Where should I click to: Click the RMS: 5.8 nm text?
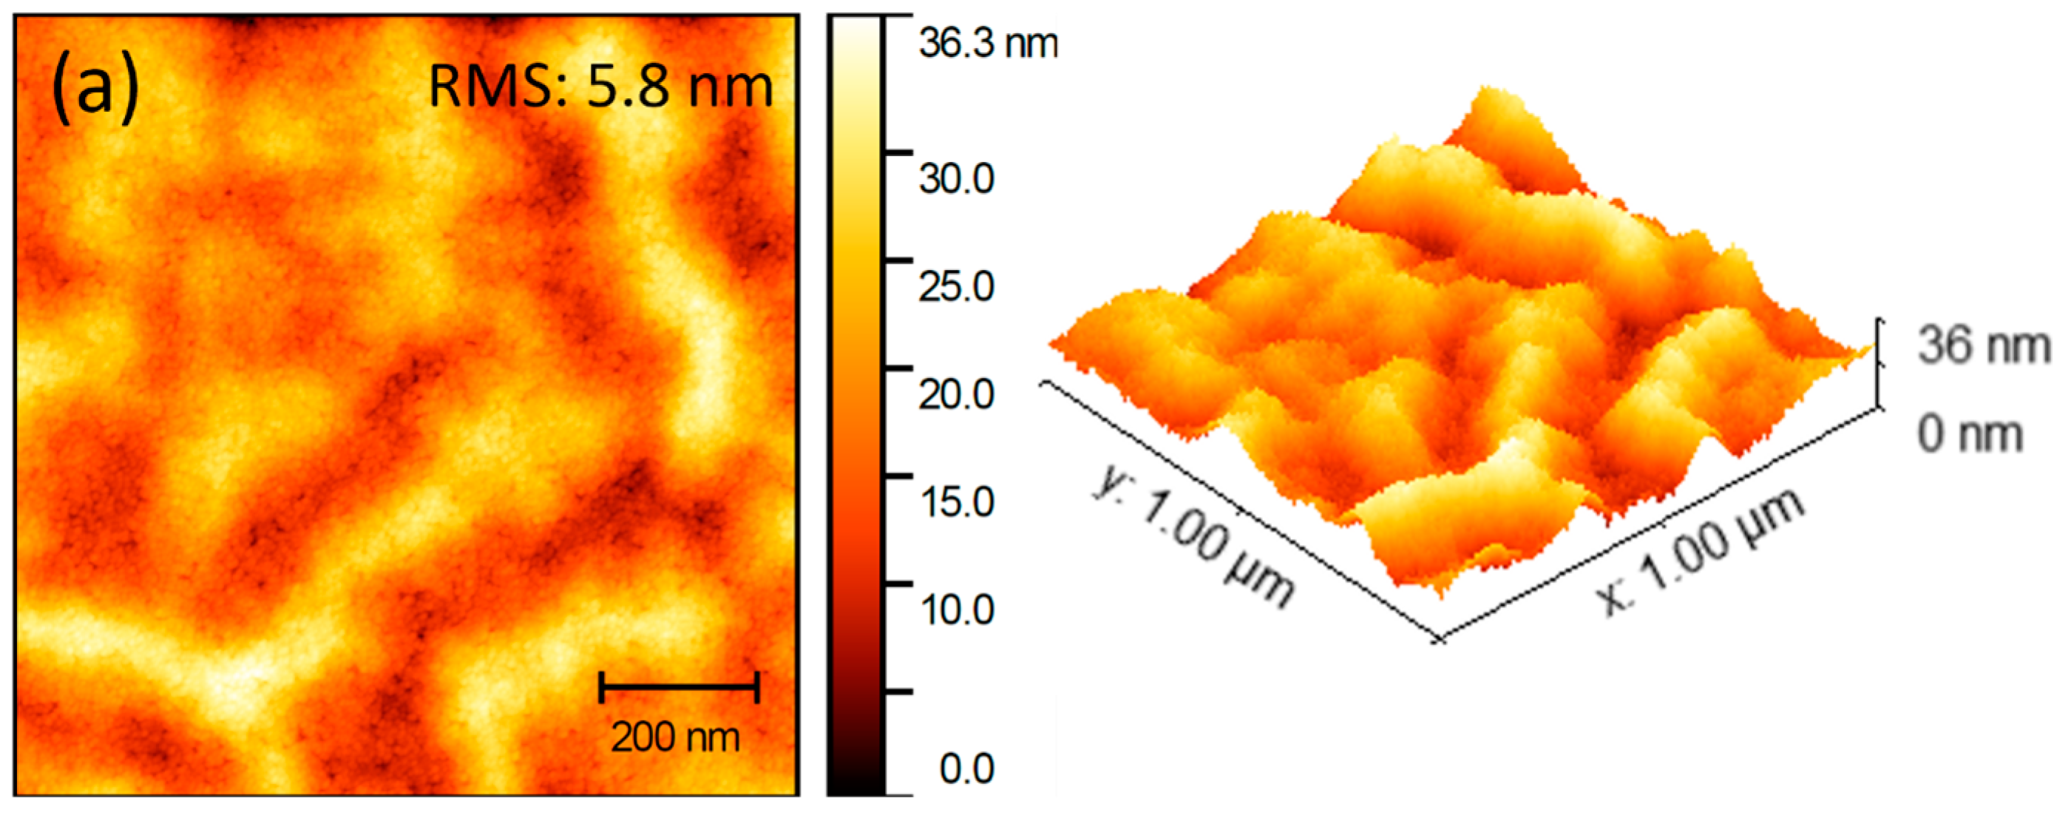point(600,87)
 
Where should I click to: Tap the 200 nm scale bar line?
point(679,688)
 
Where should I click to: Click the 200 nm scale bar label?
point(675,737)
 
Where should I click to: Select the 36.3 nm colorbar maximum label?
point(988,43)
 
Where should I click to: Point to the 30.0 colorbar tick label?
point(957,178)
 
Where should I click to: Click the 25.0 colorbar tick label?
point(957,286)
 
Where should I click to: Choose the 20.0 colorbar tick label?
point(957,394)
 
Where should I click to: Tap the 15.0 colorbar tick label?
point(957,501)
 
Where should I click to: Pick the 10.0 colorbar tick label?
point(957,609)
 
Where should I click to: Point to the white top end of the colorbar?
point(856,32)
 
